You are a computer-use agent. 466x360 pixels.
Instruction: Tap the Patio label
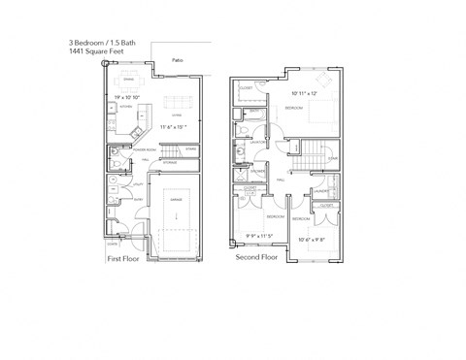(177, 60)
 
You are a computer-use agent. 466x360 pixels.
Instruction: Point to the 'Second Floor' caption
(257, 259)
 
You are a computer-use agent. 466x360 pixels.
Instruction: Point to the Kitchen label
(124, 107)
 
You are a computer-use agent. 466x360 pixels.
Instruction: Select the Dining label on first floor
(128, 79)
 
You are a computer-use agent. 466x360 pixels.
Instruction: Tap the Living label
(178, 114)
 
